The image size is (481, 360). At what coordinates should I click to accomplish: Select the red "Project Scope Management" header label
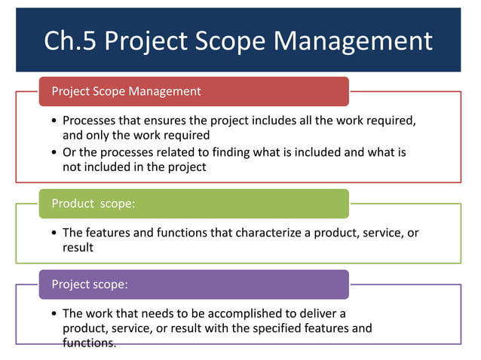pyautogui.click(x=126, y=92)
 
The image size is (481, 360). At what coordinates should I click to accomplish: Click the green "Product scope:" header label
pyautogui.click(x=93, y=203)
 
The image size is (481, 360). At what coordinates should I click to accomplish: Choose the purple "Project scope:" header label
pyautogui.click(x=90, y=285)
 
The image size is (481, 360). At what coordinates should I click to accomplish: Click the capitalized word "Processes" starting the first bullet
pyautogui.click(x=89, y=121)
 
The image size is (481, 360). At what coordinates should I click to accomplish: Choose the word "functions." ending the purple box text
pyautogui.click(x=90, y=343)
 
